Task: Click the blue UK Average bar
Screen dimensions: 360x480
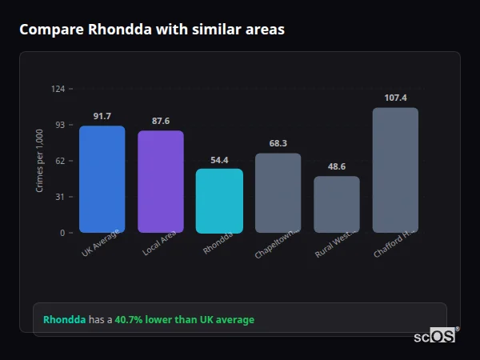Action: click(102, 179)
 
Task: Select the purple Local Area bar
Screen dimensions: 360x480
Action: click(160, 182)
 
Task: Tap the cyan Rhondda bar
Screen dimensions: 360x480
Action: click(219, 201)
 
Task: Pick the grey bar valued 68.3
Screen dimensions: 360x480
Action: click(278, 193)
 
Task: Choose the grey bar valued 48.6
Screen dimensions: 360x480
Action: click(337, 204)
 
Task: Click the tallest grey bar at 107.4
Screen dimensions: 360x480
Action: click(395, 170)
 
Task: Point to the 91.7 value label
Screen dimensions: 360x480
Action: click(102, 116)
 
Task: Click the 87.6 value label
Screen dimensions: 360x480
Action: click(160, 121)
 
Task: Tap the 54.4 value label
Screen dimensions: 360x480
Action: click(219, 159)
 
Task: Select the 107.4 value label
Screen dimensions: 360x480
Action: click(395, 98)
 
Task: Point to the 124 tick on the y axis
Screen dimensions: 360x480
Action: click(58, 89)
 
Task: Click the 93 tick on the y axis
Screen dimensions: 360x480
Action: click(60, 125)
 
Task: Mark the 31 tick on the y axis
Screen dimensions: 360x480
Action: click(60, 197)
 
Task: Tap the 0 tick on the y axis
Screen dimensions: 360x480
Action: click(62, 233)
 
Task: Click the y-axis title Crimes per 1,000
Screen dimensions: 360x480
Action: click(40, 161)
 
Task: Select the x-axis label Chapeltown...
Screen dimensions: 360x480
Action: click(277, 243)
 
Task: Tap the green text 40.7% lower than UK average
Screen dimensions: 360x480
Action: click(184, 320)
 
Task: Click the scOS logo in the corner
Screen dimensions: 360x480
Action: click(435, 336)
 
